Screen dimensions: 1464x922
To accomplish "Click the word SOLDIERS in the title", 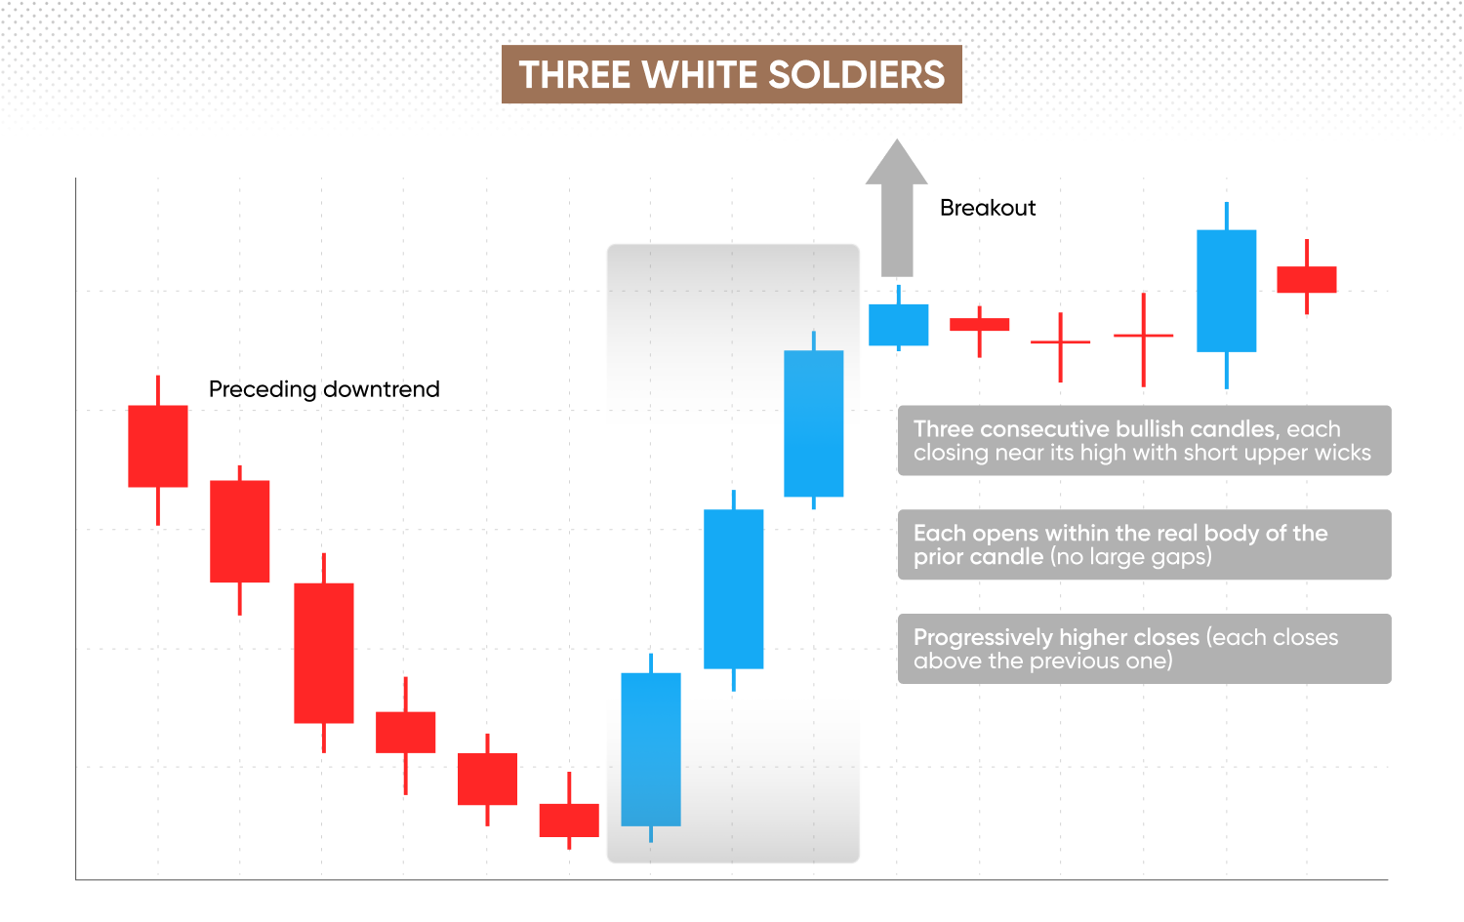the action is point(856,74).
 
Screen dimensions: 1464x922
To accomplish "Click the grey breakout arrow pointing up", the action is point(897,208).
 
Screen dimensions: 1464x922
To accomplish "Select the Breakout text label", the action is point(988,208).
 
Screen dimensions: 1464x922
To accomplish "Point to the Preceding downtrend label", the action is point(324,389).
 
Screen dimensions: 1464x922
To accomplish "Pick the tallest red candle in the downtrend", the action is point(324,653).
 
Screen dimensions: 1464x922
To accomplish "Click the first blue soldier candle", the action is point(651,749).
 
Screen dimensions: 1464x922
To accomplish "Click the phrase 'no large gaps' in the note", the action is point(1130,557).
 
